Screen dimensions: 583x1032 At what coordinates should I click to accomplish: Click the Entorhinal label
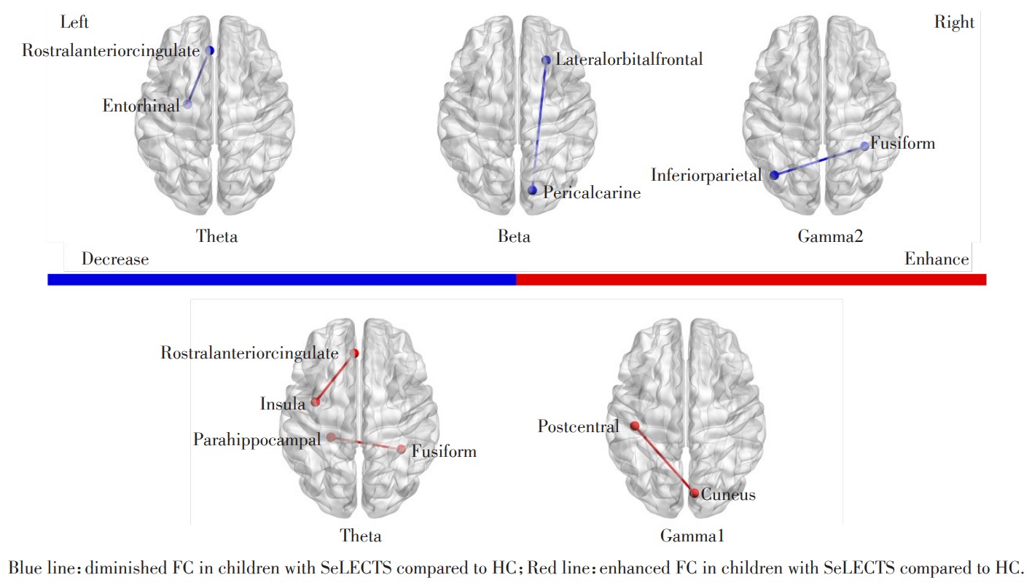(141, 106)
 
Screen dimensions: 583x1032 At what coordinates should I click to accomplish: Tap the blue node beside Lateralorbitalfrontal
(546, 60)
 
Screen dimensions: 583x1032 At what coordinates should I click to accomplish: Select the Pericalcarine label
(591, 193)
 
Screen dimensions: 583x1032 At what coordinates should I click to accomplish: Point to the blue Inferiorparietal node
(774, 175)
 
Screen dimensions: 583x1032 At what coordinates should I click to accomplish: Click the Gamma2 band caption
(830, 236)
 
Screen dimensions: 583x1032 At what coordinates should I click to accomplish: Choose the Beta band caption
(514, 236)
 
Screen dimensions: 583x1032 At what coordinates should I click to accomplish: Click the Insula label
(283, 404)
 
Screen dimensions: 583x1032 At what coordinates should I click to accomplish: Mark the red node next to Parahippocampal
(331, 437)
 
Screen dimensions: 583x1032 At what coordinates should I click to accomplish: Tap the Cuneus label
(728, 495)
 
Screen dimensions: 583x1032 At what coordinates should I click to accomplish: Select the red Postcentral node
(635, 426)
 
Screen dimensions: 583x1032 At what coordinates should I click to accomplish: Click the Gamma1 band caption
(692, 536)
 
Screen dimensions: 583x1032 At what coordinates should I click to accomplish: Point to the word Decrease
(115, 259)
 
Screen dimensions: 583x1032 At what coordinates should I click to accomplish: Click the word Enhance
(937, 259)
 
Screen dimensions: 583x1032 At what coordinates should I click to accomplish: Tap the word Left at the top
(74, 23)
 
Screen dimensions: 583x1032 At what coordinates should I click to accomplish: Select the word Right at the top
(954, 23)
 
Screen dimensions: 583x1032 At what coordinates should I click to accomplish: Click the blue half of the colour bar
(281, 280)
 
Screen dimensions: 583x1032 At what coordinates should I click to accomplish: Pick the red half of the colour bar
(751, 280)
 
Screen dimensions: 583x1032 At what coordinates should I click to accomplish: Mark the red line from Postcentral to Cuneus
(665, 460)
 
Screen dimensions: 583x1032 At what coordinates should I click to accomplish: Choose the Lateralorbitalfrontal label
(629, 60)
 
